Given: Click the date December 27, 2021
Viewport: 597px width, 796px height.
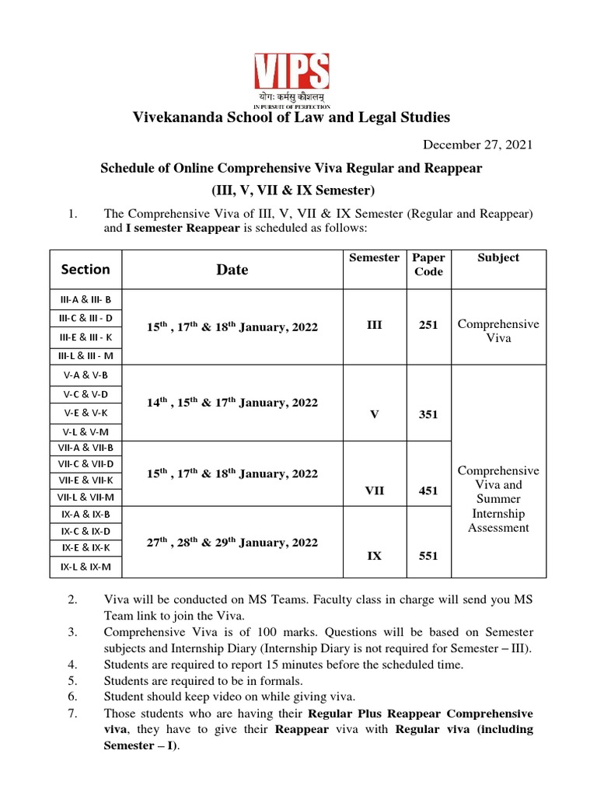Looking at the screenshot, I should [x=477, y=145].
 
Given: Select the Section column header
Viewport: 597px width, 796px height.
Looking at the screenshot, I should [x=86, y=269].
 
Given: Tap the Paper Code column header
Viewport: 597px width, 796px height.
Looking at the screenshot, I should [x=428, y=264].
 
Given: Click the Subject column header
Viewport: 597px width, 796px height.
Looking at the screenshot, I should [x=498, y=257].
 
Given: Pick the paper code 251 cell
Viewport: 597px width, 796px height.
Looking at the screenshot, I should [x=428, y=326].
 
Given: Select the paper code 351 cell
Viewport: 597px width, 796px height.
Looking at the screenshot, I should [x=428, y=414].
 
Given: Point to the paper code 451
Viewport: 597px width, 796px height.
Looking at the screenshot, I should [x=428, y=491].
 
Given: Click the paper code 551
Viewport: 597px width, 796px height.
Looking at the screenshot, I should [x=428, y=556].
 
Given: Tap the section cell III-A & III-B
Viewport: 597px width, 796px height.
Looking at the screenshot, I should [x=86, y=299].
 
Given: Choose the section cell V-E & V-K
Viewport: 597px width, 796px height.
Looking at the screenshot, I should [x=86, y=413].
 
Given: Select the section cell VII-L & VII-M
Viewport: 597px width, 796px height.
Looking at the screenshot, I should [x=86, y=497].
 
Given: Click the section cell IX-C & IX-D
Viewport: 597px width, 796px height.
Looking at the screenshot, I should [x=86, y=532].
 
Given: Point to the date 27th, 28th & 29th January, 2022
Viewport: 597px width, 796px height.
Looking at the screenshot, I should [x=232, y=543].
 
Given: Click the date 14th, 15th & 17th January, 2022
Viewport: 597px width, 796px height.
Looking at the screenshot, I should [x=232, y=403].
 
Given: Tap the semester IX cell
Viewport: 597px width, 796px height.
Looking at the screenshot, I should [x=374, y=556].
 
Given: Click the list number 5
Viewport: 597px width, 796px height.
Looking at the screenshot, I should [x=72, y=681].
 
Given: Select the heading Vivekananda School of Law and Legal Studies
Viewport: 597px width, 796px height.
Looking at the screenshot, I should [x=292, y=117].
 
